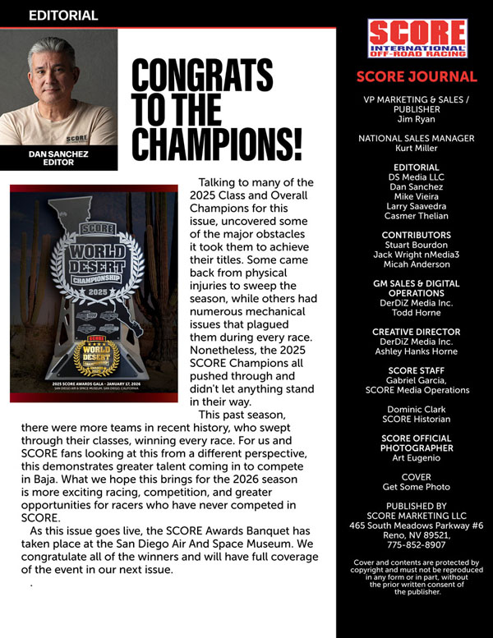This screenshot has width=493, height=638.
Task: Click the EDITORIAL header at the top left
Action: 63,15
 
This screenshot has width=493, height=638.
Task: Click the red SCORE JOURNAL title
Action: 417,77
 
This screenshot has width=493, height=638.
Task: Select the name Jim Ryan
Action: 417,119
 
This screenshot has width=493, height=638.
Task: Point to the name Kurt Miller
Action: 417,149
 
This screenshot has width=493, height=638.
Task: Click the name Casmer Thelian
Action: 417,216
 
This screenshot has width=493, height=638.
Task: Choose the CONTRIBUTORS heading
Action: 417,235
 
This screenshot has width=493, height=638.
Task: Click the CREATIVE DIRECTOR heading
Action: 417,332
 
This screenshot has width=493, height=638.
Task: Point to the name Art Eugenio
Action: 417,458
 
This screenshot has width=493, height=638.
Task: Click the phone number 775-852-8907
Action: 417,544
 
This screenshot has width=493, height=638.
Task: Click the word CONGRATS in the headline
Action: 191,76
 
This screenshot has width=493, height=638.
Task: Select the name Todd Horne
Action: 417,312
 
